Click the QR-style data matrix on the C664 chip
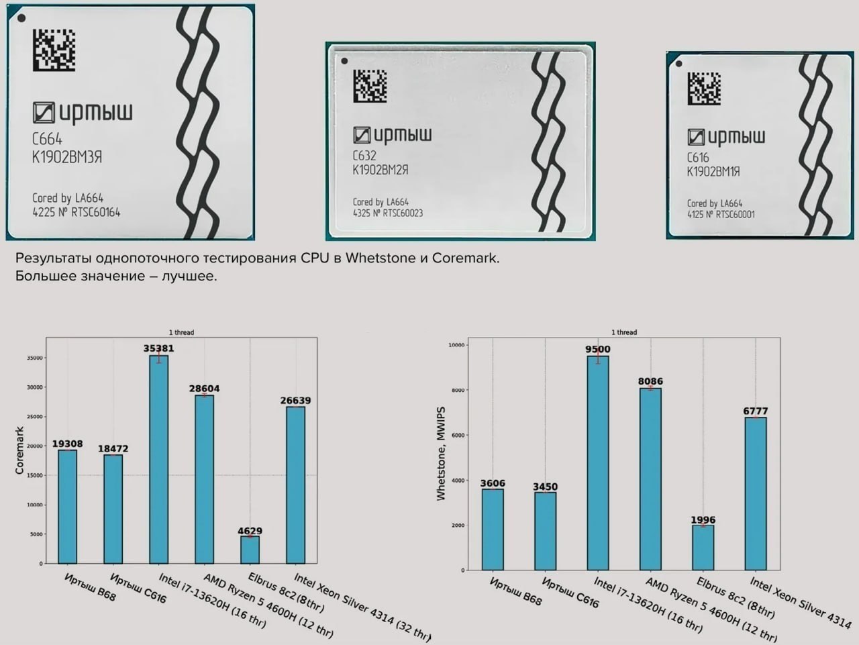point(53,50)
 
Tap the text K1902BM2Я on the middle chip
point(381,170)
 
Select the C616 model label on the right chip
point(698,158)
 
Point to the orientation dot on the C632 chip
point(344,61)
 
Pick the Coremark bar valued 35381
point(159,459)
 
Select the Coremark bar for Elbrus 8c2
point(250,550)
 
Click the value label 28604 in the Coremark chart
point(204,388)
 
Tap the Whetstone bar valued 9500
point(598,462)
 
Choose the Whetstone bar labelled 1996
point(703,547)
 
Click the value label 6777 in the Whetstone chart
point(756,411)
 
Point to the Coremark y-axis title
point(19,450)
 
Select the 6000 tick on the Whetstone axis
point(458,435)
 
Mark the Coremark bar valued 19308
point(67,506)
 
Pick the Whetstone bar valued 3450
point(545,531)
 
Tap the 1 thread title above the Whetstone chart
point(624,332)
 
